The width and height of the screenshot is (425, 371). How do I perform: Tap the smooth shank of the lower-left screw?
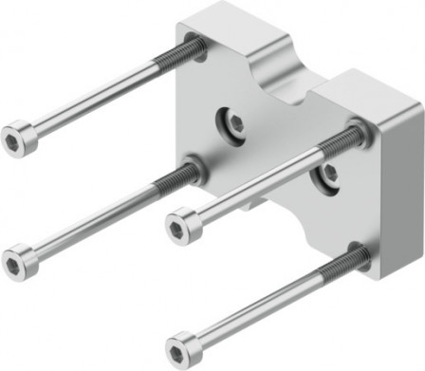(95, 219)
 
